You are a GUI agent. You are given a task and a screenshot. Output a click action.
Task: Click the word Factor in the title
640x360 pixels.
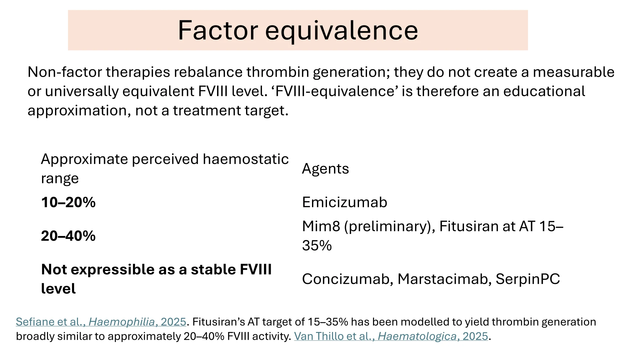[218, 30]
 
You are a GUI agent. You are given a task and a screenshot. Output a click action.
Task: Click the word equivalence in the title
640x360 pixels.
[342, 31]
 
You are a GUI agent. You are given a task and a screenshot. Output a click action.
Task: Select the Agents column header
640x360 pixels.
[325, 169]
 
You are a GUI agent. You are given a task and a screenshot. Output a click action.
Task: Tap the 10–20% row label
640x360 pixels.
[68, 202]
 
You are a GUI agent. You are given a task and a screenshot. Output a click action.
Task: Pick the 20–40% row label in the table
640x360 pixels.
[68, 236]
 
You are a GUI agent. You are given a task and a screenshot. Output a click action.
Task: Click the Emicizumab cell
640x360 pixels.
[345, 202]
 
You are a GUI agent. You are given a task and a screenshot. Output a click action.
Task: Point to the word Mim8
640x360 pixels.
[321, 226]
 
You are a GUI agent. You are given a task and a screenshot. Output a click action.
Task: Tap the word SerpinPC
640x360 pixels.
[528, 279]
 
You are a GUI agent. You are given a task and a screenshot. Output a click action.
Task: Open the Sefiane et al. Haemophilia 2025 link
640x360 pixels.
[101, 322]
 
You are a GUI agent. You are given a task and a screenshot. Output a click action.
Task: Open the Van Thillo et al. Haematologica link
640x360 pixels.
[391, 336]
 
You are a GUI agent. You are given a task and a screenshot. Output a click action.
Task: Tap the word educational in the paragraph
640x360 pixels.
[544, 91]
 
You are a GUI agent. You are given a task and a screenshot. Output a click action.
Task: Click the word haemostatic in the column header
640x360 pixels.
[245, 159]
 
